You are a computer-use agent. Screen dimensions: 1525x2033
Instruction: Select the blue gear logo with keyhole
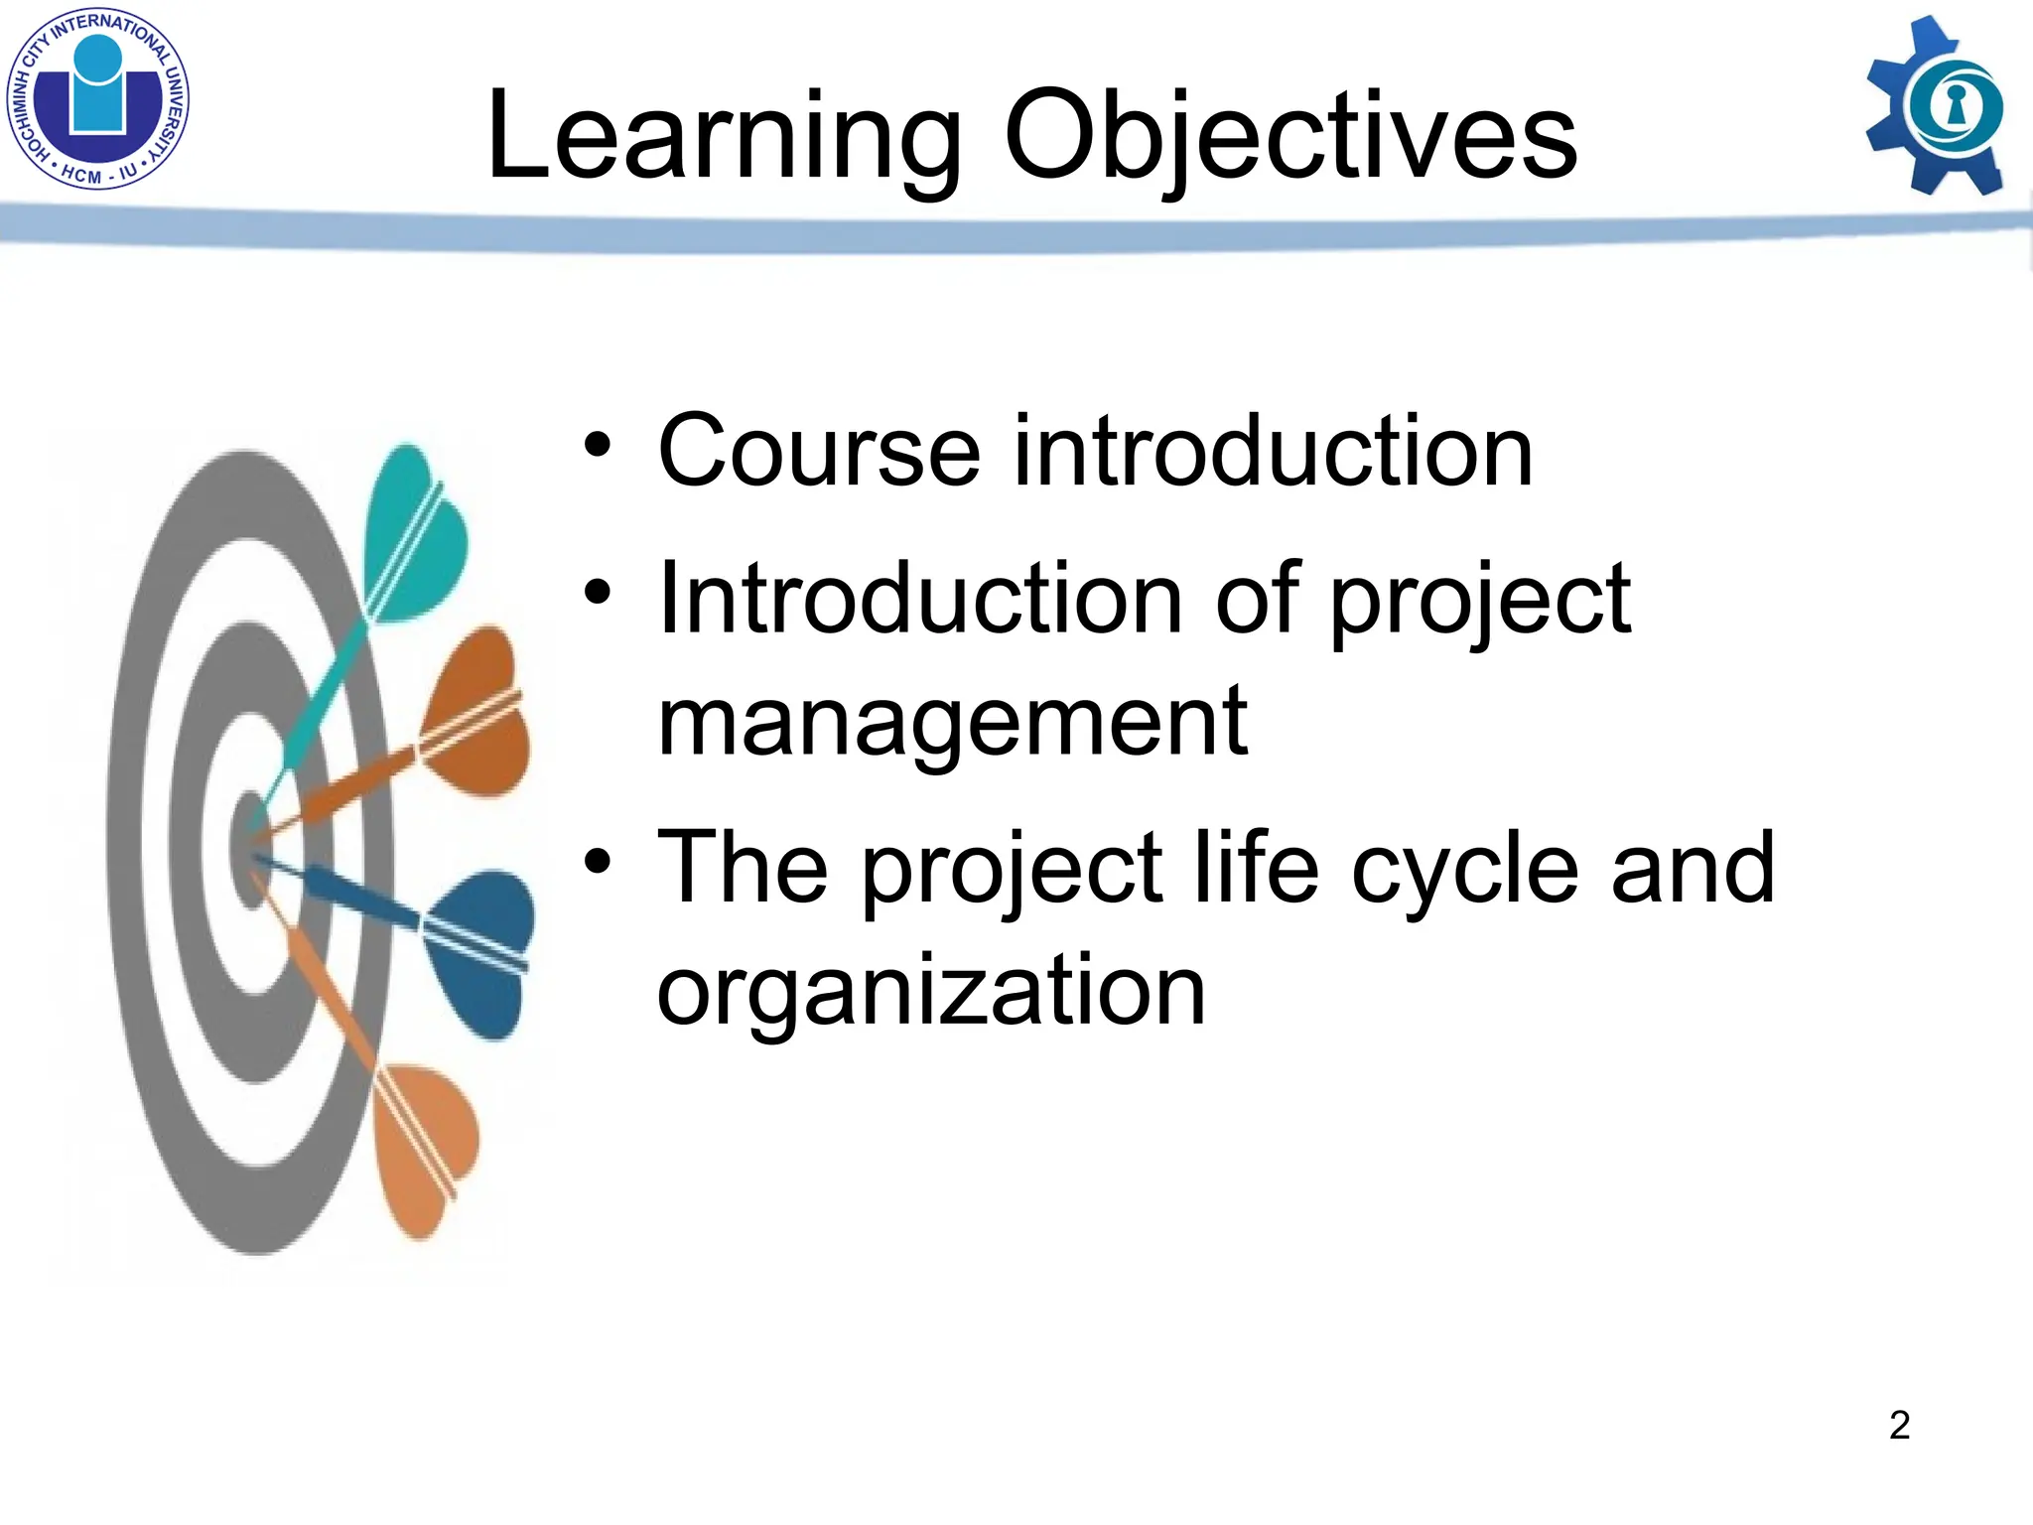tap(1936, 107)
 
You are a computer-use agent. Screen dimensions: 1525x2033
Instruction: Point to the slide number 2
tap(1899, 1425)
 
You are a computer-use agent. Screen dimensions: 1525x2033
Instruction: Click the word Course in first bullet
tap(819, 452)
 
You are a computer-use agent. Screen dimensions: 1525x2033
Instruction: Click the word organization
tap(931, 991)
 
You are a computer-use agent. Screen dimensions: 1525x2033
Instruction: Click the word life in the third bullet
tap(1256, 868)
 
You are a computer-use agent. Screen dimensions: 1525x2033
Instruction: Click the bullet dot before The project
tap(598, 862)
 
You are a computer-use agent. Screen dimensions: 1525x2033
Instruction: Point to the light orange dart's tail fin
tap(425, 1147)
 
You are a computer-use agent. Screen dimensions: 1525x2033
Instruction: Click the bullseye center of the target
tap(251, 849)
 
